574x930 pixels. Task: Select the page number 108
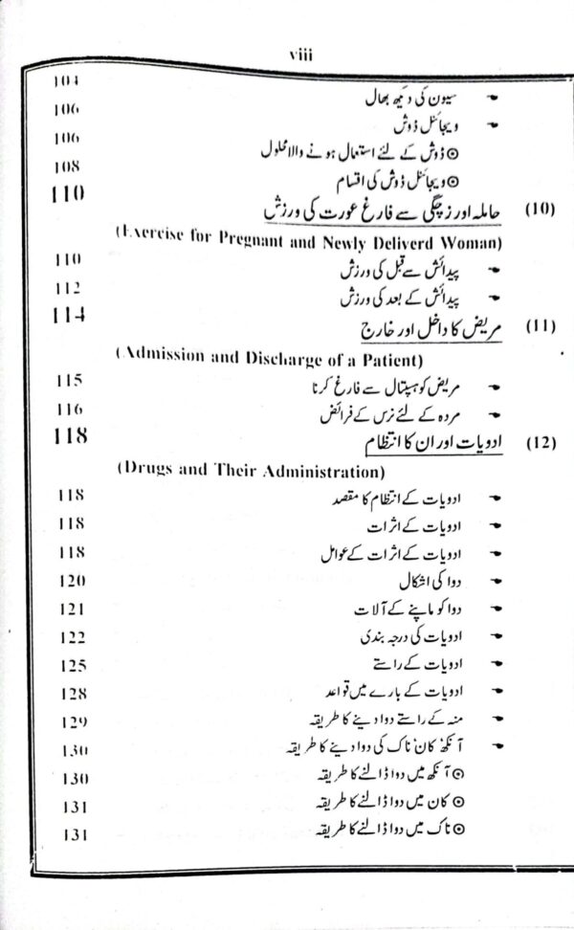66,165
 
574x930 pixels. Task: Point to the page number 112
66,286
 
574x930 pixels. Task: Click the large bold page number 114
66,314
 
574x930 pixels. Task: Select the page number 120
70,581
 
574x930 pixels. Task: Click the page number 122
70,636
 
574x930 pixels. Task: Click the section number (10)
541,208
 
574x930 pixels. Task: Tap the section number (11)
541,326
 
